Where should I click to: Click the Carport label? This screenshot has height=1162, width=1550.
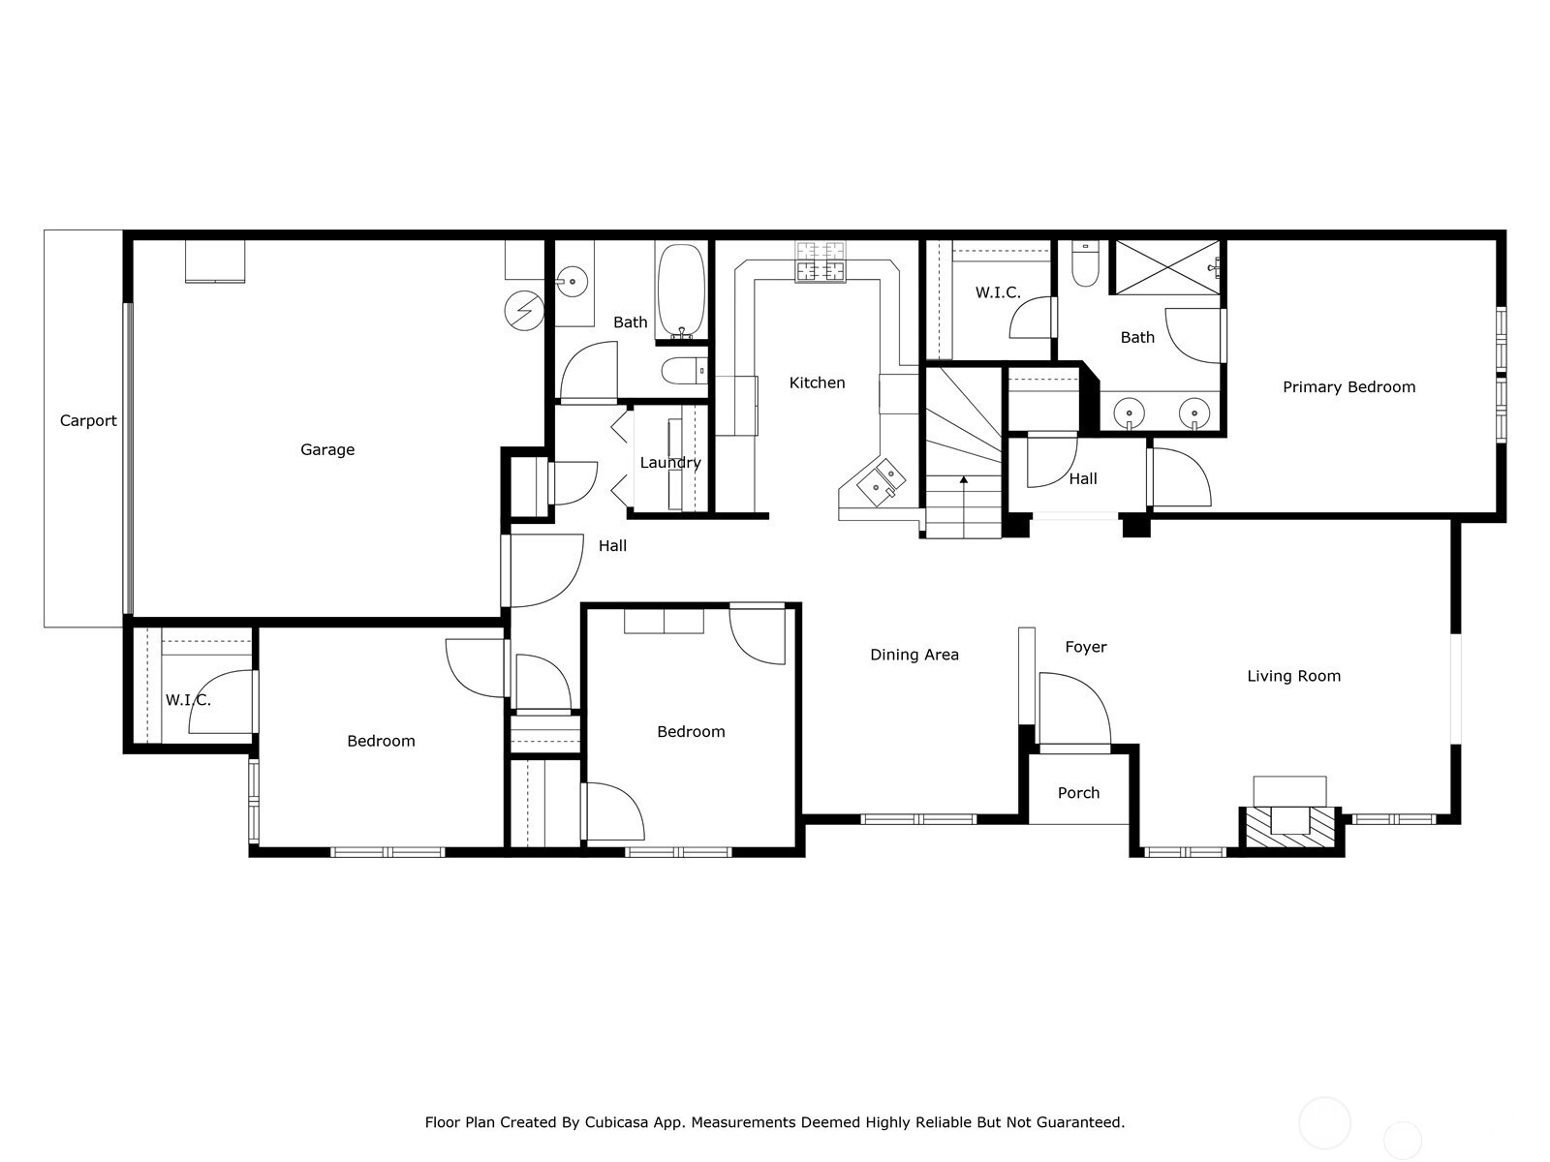[88, 420]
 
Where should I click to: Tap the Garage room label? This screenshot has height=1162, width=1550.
[327, 449]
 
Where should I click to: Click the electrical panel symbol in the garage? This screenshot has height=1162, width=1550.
[524, 310]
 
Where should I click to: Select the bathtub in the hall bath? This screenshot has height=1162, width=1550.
[682, 290]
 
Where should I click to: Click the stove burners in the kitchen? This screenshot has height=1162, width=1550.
[821, 261]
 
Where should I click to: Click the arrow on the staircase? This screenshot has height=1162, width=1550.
[964, 478]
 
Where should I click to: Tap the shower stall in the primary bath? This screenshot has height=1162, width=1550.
[1165, 267]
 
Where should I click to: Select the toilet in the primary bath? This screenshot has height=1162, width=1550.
[1085, 266]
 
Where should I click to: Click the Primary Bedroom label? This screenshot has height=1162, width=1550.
[1348, 387]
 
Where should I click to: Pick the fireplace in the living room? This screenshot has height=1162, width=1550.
[1290, 819]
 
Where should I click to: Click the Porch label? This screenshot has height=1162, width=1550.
[1078, 793]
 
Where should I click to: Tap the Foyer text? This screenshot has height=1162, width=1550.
[1085, 647]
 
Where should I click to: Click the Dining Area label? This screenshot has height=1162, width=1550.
[914, 655]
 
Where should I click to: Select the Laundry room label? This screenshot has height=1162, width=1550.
[669, 463]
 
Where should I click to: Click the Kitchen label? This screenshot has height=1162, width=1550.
[817, 382]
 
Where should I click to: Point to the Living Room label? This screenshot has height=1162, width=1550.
[1293, 676]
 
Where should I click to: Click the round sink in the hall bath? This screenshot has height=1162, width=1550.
[573, 283]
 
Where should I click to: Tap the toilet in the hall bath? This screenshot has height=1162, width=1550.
[682, 370]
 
